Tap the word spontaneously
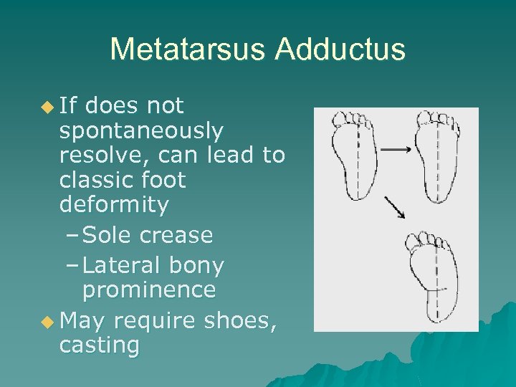[x=141, y=131]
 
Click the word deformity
[x=114, y=204]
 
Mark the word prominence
[x=148, y=290]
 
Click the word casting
[x=100, y=345]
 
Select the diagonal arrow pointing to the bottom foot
[x=395, y=207]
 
